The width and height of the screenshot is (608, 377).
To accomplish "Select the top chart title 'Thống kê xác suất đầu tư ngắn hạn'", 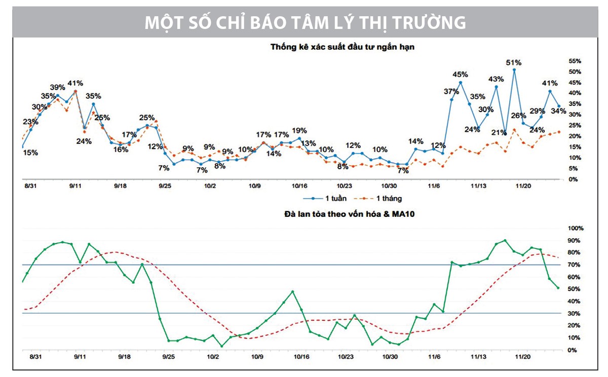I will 343,48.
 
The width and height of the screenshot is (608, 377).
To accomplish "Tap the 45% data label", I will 460,74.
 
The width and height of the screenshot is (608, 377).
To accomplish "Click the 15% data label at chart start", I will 30,152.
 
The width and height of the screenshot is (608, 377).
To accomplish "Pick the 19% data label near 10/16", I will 299,131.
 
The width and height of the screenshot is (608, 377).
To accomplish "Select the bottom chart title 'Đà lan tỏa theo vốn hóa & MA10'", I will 343,214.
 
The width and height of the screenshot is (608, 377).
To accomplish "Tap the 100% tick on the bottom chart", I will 574,229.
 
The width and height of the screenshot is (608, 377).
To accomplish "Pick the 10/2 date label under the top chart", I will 209,186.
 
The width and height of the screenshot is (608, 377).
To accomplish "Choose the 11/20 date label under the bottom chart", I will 522,357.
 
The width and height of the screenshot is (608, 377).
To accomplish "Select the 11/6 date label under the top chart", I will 434,186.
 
